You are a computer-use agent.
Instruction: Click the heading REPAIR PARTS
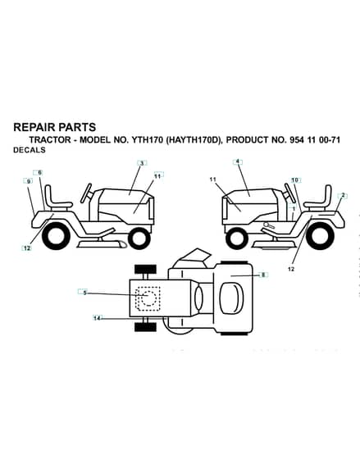coord(55,127)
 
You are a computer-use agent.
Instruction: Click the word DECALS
coord(30,150)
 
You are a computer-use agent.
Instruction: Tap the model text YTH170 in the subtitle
coord(148,140)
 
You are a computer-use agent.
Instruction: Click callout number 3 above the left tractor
coord(142,163)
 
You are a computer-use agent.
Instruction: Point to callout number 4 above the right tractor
coord(238,161)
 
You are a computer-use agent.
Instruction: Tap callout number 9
coord(28,181)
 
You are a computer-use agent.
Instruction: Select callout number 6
coord(40,172)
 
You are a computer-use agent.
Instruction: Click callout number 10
coord(294,180)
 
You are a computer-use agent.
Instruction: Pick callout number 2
coord(343,196)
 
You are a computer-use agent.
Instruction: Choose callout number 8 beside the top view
coord(263,275)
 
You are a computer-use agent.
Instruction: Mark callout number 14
coord(98,318)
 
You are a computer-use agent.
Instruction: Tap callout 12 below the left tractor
coord(27,248)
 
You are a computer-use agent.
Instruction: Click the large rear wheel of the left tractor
coord(56,237)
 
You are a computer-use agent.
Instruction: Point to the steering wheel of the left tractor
coord(87,193)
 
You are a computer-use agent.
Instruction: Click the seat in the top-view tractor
coord(231,298)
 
